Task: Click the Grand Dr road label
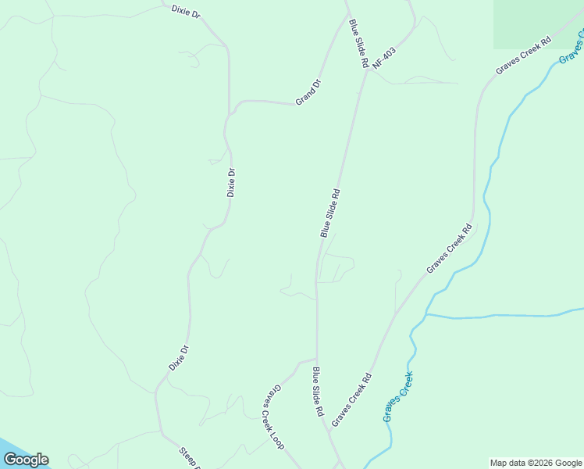click(308, 92)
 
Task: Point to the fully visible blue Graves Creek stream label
click(397, 397)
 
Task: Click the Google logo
click(26, 460)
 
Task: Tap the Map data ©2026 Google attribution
click(536, 463)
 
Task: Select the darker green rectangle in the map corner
click(538, 24)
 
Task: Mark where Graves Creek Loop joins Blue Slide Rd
click(316, 360)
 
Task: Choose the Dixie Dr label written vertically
click(231, 182)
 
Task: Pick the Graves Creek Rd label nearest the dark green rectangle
click(523, 55)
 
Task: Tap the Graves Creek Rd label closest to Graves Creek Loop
click(351, 400)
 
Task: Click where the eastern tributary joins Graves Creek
click(426, 315)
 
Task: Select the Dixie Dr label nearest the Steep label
click(180, 358)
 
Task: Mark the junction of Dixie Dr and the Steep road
click(161, 431)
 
